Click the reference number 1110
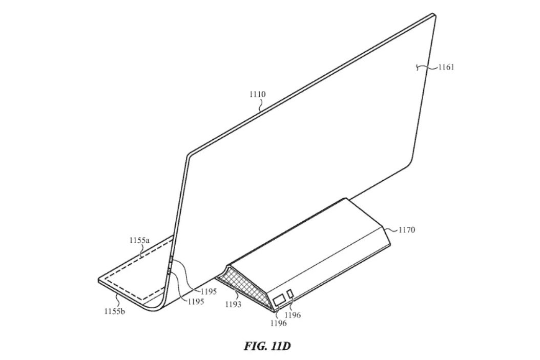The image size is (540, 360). [258, 94]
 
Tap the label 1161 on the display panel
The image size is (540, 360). [446, 67]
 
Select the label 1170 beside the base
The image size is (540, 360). [407, 229]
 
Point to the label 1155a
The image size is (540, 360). [139, 240]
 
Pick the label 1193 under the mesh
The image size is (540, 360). [233, 304]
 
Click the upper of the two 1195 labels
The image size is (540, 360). [209, 291]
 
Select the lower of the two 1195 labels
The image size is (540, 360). [196, 302]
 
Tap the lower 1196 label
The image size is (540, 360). [278, 323]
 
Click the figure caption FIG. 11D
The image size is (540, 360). [267, 346]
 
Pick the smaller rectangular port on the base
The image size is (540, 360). [290, 293]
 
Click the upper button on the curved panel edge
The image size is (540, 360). [171, 261]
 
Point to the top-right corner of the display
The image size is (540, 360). [434, 15]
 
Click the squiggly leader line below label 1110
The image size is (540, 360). [261, 104]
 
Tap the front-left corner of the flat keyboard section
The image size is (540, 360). [99, 280]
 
